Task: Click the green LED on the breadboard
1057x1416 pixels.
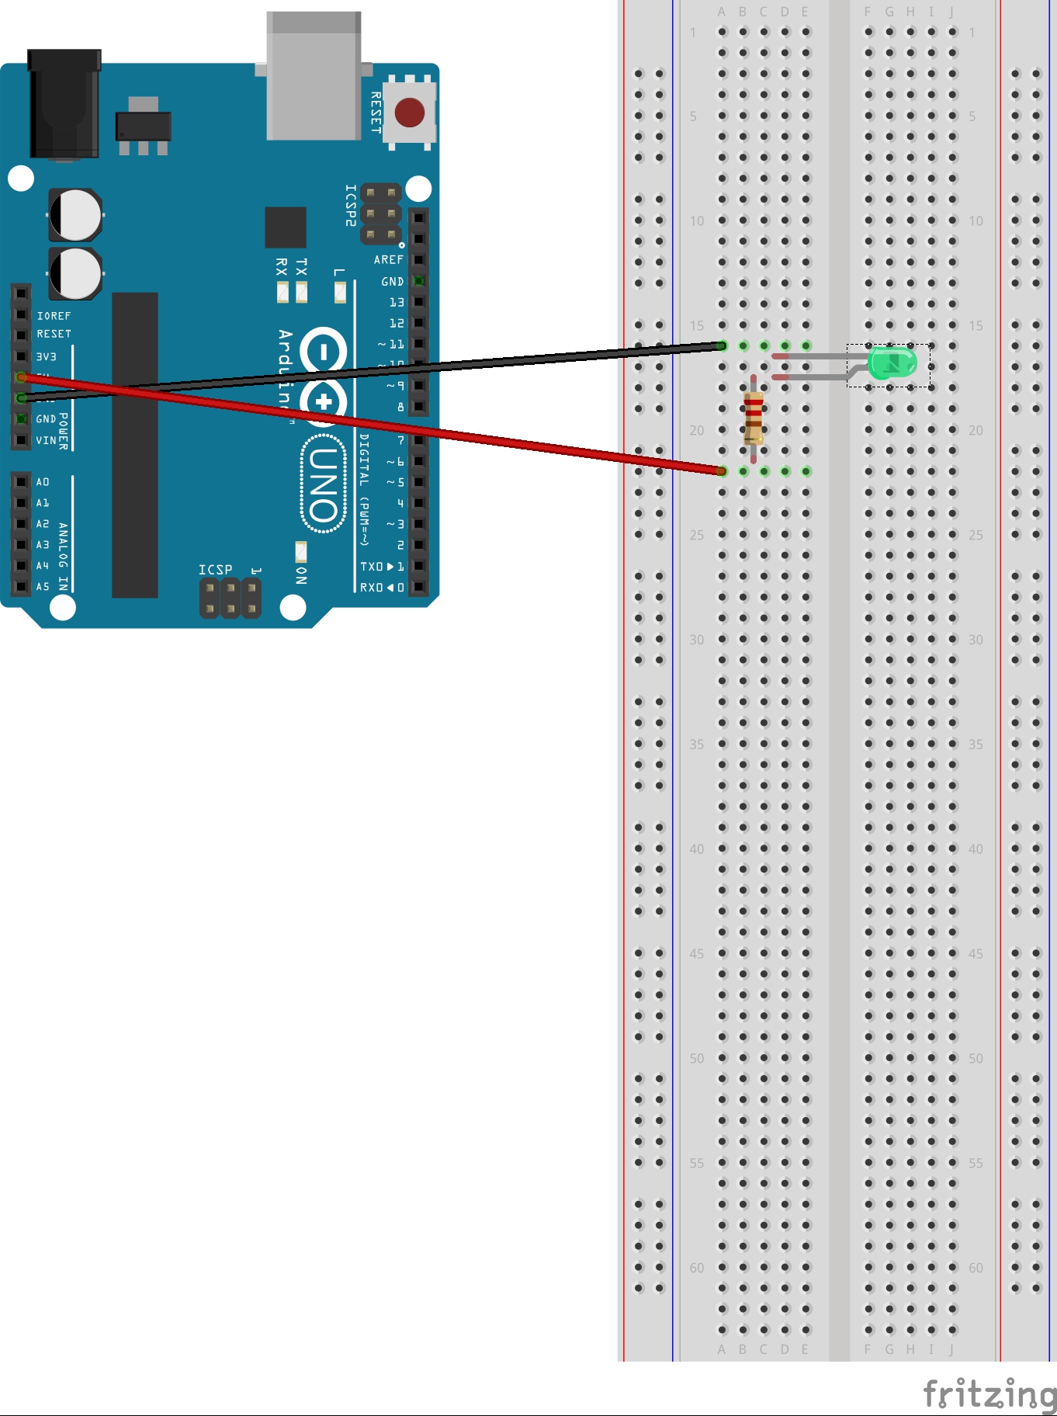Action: pyautogui.click(x=892, y=363)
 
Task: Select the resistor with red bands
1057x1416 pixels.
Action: pyautogui.click(x=753, y=418)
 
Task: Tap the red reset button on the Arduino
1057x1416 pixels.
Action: pyautogui.click(x=409, y=113)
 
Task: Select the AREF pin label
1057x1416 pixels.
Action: pyautogui.click(x=388, y=260)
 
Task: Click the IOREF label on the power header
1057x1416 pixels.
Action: pyautogui.click(x=54, y=316)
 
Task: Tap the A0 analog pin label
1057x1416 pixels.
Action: pyautogui.click(x=43, y=482)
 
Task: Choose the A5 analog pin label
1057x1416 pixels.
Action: pyautogui.click(x=43, y=587)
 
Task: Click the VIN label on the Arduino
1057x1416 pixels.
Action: pyautogui.click(x=46, y=440)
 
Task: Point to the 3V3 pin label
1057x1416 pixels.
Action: pyautogui.click(x=47, y=356)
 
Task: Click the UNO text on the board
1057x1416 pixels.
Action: pyautogui.click(x=323, y=484)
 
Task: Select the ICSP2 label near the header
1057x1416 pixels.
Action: pyautogui.click(x=351, y=206)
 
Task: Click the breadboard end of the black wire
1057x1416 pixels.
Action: pyautogui.click(x=722, y=346)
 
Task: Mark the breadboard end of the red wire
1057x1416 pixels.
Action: pyautogui.click(x=722, y=470)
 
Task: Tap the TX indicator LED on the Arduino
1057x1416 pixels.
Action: pyautogui.click(x=302, y=292)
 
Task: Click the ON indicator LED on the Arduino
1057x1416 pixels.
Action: pyautogui.click(x=301, y=552)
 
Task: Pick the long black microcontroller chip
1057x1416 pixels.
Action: pyautogui.click(x=135, y=445)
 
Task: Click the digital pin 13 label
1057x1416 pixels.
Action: pyautogui.click(x=397, y=302)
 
